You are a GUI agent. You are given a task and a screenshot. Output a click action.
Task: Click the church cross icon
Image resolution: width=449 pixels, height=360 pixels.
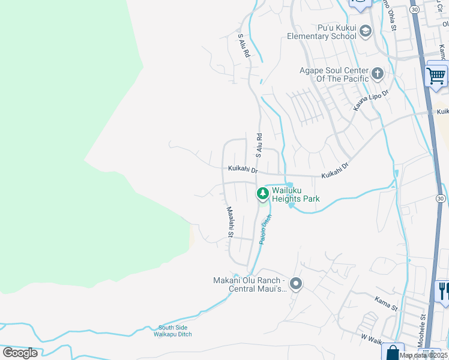pos(378,74)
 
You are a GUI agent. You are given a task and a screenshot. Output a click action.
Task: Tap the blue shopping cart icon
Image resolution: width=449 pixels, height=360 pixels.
pos(436,76)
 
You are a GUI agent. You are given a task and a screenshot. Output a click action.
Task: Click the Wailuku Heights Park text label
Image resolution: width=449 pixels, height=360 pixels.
pos(295,194)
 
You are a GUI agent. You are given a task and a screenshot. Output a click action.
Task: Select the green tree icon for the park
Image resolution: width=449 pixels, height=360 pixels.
pos(262,193)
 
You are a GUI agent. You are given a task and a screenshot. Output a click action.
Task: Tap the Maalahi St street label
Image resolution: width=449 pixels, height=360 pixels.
pos(229,221)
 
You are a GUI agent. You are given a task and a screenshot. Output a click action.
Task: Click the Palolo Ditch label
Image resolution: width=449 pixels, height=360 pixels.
pos(266,229)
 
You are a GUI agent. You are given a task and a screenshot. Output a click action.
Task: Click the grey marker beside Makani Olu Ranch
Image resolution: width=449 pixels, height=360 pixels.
pos(295,283)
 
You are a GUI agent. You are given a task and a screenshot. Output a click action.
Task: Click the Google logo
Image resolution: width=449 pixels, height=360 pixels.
pos(20,353)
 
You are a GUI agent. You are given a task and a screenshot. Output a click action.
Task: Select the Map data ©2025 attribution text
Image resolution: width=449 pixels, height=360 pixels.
pos(423,355)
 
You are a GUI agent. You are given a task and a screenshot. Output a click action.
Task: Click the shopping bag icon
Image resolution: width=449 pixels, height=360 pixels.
pos(394,353)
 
